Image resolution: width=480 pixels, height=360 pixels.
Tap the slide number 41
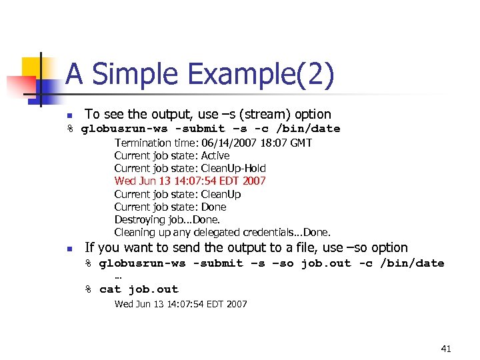pos(446,349)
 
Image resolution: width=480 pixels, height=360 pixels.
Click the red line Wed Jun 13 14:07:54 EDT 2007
pos(190,181)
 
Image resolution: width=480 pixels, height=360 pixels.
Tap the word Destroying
pos(138,219)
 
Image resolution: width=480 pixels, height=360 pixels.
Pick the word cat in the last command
pos(110,289)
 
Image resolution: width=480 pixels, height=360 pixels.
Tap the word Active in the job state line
pos(215,155)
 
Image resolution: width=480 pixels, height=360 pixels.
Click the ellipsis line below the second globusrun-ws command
pos(118,275)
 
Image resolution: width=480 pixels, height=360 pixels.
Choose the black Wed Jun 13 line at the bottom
pos(181,304)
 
